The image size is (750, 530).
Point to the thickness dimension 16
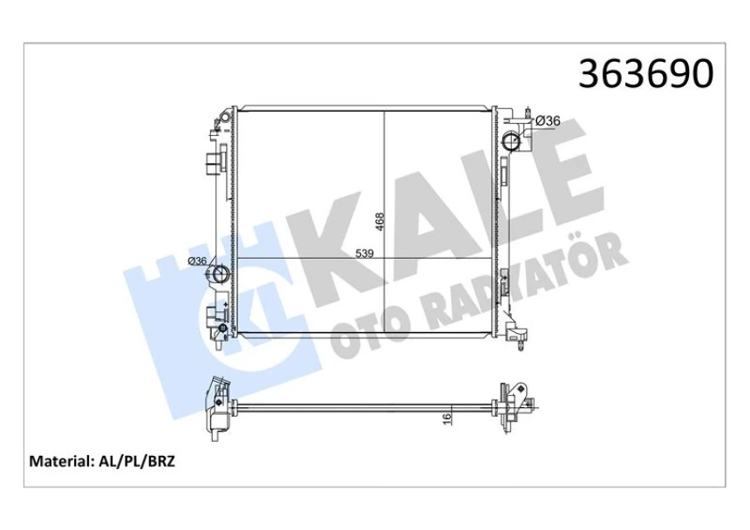click(446, 418)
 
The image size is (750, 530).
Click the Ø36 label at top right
click(547, 120)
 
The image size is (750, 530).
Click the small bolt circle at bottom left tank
click(222, 330)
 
